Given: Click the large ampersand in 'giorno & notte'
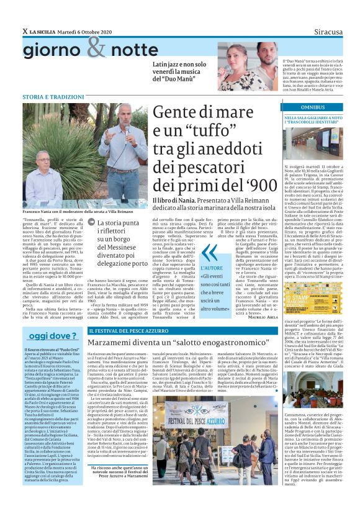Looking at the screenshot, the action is point(97,47).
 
